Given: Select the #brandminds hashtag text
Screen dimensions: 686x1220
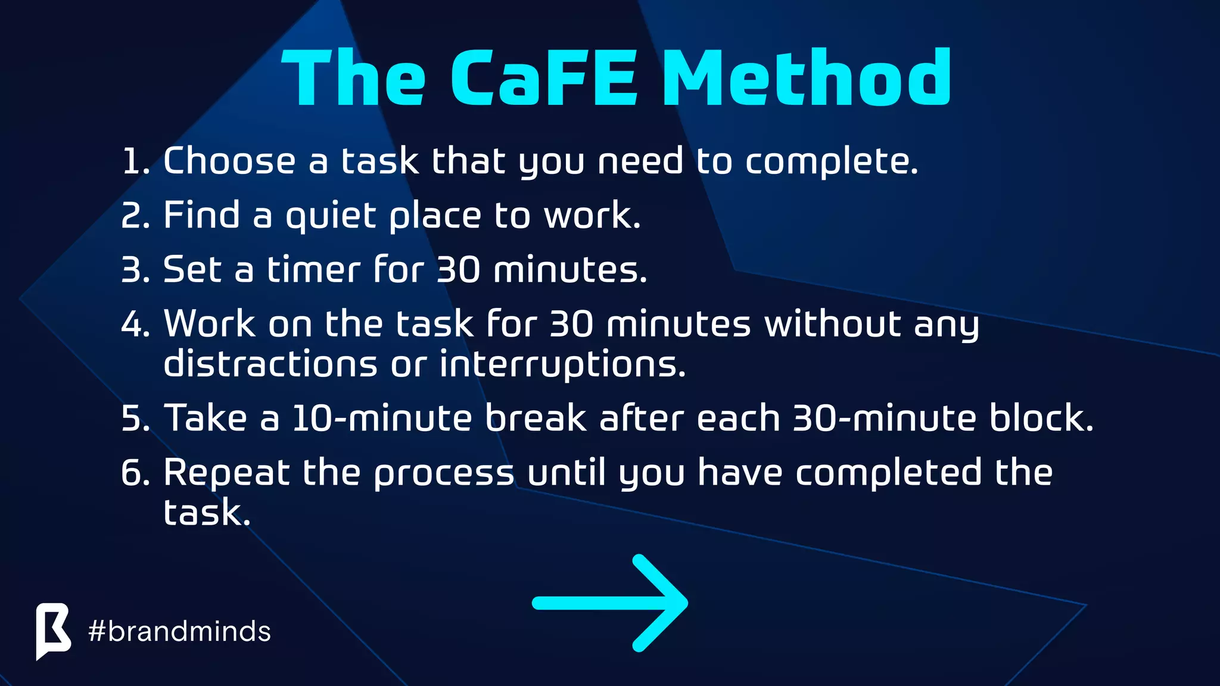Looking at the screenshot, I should coord(179,631).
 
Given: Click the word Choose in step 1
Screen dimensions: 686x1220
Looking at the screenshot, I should coord(229,161).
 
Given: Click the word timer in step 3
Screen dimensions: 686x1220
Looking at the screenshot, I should coord(313,270).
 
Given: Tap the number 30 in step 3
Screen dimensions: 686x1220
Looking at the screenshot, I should coord(458,270).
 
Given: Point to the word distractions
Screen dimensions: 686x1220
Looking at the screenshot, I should coord(270,364).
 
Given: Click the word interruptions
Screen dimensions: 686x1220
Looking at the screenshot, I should coord(562,365).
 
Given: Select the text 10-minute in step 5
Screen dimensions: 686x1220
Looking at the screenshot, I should coord(382,418).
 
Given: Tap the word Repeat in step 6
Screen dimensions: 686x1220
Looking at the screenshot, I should coord(226,474).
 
